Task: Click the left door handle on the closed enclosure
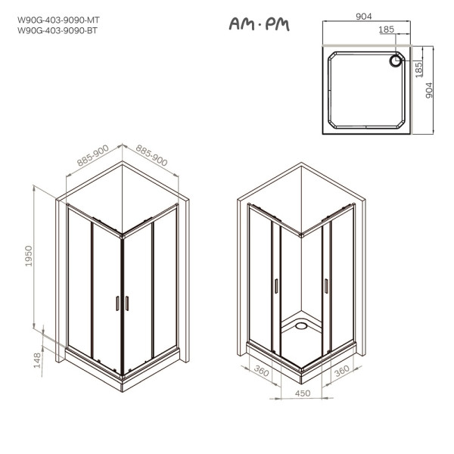click(117, 303)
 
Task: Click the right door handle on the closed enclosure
click(126, 303)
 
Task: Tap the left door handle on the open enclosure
click(276, 285)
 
